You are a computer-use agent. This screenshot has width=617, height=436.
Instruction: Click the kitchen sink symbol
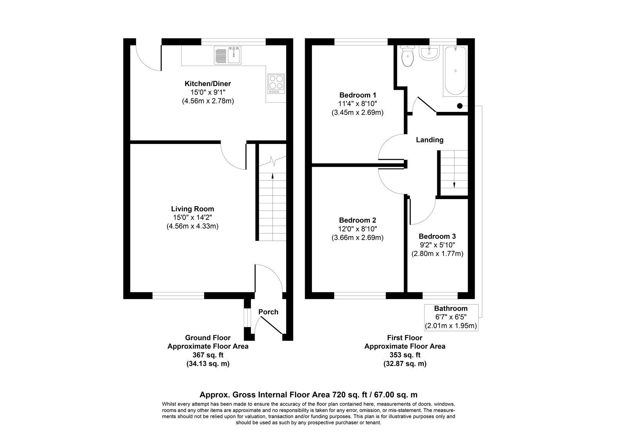click(228, 55)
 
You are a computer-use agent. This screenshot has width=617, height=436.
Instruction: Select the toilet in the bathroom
click(407, 57)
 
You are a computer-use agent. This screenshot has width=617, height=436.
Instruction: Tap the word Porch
click(268, 312)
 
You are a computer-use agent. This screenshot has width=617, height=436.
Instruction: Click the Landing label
click(429, 140)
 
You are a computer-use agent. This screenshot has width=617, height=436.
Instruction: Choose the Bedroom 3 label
click(437, 236)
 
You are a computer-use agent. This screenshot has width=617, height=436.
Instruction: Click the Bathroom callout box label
click(450, 308)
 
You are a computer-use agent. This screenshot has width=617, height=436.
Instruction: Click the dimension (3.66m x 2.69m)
click(357, 238)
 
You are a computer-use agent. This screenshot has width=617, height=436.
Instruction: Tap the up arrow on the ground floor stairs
click(273, 177)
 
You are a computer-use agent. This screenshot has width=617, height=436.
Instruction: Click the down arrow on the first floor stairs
click(454, 184)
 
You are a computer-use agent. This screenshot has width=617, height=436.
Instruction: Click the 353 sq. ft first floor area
click(405, 355)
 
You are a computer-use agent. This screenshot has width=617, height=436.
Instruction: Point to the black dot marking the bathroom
click(460, 106)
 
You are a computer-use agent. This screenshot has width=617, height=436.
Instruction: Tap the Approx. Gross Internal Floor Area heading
click(308, 395)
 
